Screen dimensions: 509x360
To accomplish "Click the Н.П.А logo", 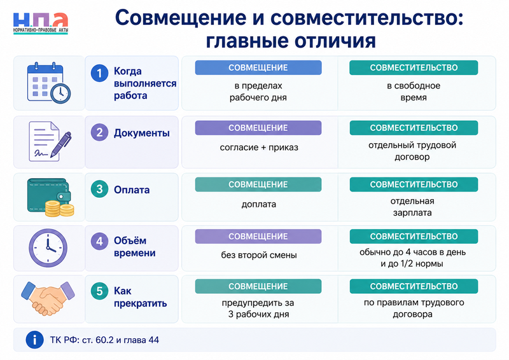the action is (x=41, y=23).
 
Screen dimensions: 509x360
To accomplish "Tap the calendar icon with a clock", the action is (x=49, y=83).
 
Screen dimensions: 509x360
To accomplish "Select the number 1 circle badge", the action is (x=99, y=73).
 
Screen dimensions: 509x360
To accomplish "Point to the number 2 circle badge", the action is (x=99, y=132).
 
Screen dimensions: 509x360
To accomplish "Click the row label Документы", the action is (x=141, y=133).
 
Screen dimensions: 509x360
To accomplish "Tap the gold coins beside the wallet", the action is (x=59, y=209).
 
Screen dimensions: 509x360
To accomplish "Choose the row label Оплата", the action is (x=132, y=190).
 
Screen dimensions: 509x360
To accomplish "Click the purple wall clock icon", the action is (x=48, y=248).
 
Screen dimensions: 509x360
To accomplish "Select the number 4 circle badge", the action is (x=99, y=241).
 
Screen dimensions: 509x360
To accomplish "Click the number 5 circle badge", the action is (x=99, y=291).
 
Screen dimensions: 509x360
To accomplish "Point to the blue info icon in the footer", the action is (x=34, y=340).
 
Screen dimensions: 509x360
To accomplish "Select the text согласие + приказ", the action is (x=259, y=148).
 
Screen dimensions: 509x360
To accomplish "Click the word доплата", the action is (x=259, y=204).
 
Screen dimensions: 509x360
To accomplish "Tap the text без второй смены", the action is (x=259, y=255).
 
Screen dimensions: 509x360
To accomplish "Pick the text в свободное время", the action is (x=413, y=92).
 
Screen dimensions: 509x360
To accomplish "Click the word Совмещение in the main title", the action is (x=181, y=18).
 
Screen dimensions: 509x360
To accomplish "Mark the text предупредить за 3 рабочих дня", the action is (x=258, y=308).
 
